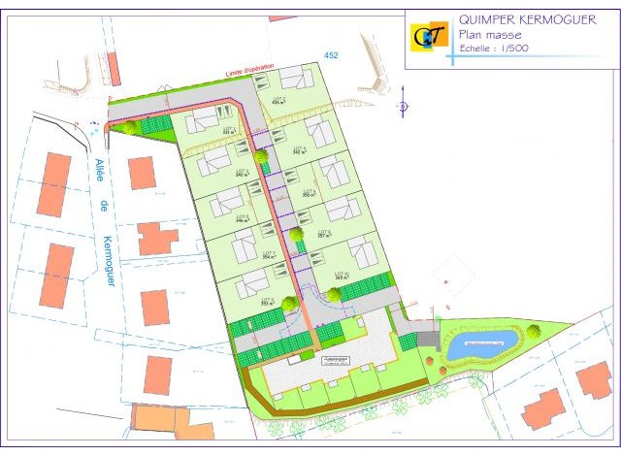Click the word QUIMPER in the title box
[486, 19]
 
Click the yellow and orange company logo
[429, 36]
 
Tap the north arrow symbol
[403, 108]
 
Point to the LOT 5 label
[241, 218]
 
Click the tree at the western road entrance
[129, 127]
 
